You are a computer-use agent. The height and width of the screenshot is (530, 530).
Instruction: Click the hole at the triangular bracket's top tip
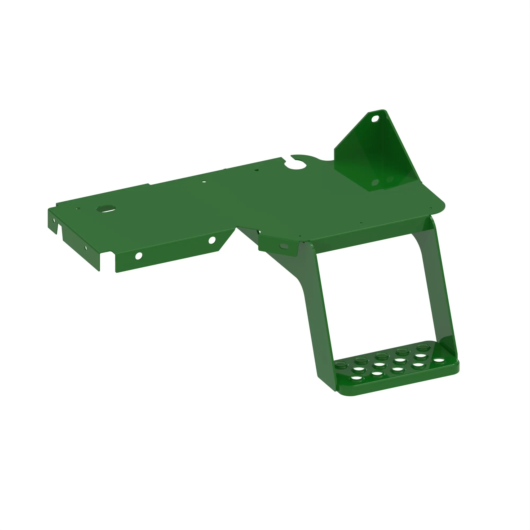[375, 119]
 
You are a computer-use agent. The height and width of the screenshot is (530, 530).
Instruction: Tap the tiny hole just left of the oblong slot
[78, 209]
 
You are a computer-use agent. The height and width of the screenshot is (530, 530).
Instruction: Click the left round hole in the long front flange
[139, 256]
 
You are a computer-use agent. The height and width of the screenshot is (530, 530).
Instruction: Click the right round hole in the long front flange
[212, 240]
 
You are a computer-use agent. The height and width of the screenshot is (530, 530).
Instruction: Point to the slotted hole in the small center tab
[284, 246]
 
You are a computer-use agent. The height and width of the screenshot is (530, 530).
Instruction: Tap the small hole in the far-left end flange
[54, 220]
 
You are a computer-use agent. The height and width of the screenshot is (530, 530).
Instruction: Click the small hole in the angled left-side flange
[86, 248]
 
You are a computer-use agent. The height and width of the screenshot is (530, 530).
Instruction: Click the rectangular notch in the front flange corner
[108, 260]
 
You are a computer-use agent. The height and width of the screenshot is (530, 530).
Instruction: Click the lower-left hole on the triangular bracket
[375, 183]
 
